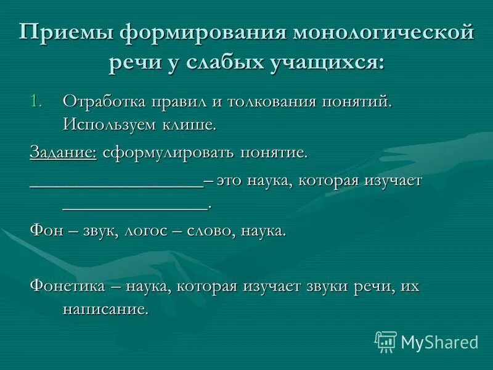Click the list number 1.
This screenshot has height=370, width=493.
37,101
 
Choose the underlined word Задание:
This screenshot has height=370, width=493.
63,152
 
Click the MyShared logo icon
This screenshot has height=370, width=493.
386,341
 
